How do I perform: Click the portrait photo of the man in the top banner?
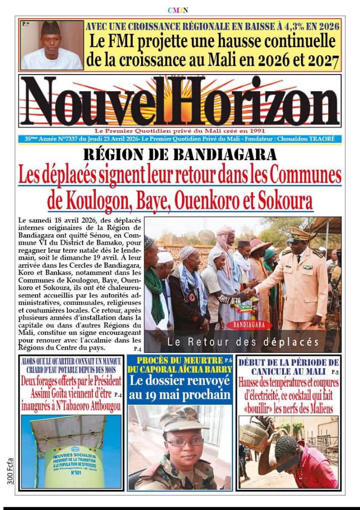click(51, 45)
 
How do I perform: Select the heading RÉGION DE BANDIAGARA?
click(180, 154)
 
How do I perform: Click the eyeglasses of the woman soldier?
click(183, 442)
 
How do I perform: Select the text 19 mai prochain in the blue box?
click(180, 395)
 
